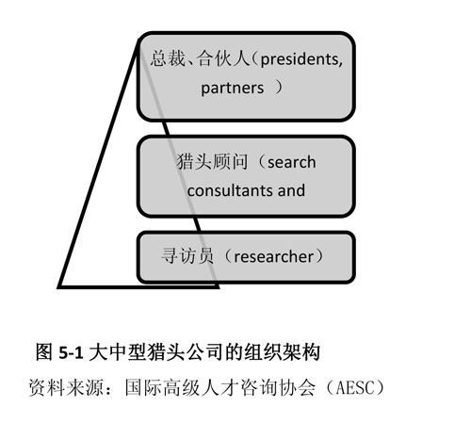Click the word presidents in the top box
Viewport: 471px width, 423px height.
[300, 59]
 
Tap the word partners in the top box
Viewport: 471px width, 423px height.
[233, 88]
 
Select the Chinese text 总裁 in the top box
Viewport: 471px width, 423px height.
[168, 58]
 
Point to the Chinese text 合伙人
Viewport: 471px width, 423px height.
[223, 58]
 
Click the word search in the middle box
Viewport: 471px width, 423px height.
[292, 162]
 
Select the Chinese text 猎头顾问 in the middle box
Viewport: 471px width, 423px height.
[212, 162]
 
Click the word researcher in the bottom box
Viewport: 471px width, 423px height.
[274, 256]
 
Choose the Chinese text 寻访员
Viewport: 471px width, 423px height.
[187, 255]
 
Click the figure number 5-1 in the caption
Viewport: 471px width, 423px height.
[71, 352]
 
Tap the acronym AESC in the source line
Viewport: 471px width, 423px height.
[355, 388]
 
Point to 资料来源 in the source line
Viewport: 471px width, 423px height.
[66, 388]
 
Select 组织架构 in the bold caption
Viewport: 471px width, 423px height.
[283, 352]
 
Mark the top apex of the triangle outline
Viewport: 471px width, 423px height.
[138, 40]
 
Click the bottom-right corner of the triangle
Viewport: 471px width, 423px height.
[218, 286]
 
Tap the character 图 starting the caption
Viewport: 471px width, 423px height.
[44, 352]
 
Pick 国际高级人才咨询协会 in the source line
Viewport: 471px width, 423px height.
[219, 388]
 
